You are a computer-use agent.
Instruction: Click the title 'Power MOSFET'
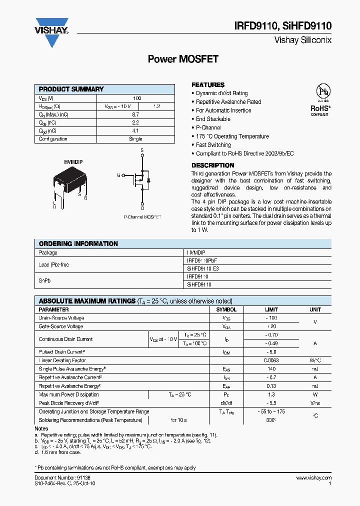click(183, 59)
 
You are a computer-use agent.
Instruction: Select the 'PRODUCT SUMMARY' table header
click(71, 89)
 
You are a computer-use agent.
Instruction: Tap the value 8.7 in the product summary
click(135, 114)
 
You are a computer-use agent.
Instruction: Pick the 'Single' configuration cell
click(135, 139)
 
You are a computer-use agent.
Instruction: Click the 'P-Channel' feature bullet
click(208, 127)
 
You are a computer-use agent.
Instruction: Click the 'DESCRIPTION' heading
click(212, 165)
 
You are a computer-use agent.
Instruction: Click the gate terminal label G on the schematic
click(118, 175)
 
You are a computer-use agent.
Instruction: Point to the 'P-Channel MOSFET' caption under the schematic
click(142, 217)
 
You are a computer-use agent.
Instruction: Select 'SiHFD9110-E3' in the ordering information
click(202, 268)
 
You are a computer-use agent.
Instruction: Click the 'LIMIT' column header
click(271, 309)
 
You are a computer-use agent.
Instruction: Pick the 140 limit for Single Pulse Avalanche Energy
click(271, 369)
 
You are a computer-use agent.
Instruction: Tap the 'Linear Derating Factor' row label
click(62, 360)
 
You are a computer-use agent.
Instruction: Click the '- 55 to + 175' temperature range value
click(271, 411)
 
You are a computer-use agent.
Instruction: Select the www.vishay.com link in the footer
click(313, 478)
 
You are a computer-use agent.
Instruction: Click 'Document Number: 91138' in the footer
click(62, 478)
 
